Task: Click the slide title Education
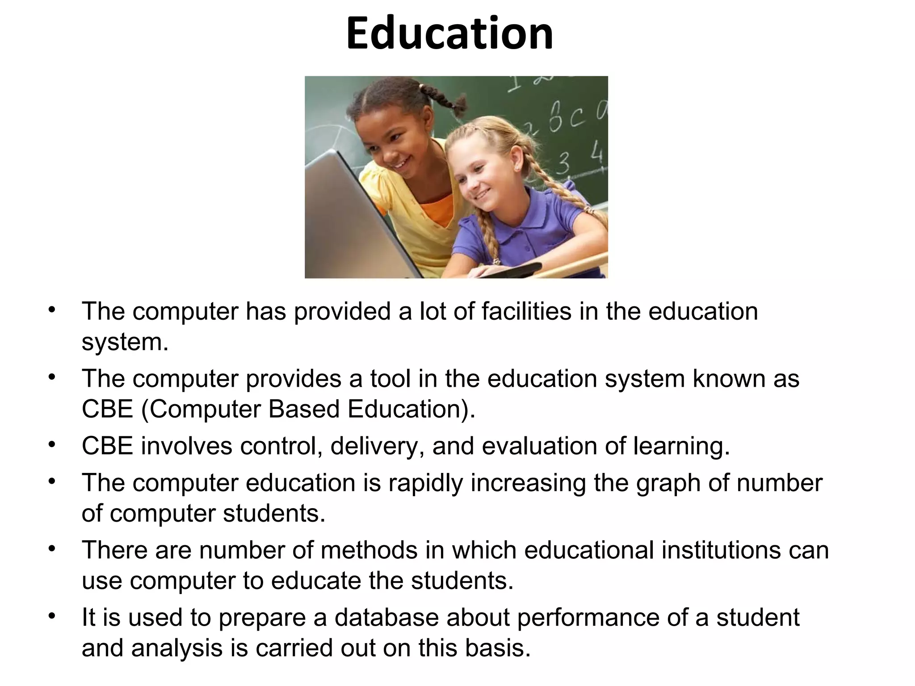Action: click(x=449, y=33)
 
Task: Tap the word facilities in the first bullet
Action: click(x=526, y=311)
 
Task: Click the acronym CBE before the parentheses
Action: click(x=107, y=409)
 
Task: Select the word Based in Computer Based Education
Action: click(x=304, y=409)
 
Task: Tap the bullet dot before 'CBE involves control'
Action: click(x=52, y=445)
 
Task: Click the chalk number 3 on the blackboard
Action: click(x=563, y=163)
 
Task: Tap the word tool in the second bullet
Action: click(x=390, y=379)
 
